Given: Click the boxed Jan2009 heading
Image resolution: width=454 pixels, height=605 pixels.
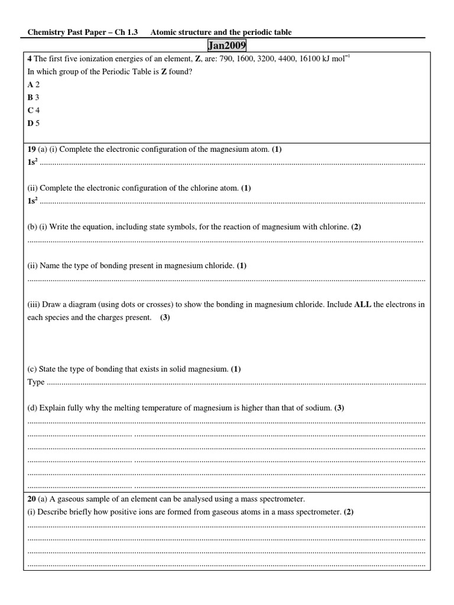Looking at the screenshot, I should point(227,45).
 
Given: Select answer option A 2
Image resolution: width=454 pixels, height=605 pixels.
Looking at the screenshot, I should point(34,84).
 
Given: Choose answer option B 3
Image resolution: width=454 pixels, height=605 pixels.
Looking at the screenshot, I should point(34,97).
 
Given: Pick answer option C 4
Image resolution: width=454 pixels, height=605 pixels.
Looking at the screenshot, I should point(34,110).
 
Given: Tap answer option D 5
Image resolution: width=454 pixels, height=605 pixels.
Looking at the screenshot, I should point(34,123).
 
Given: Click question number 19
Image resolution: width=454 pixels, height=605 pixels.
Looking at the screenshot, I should point(32,149).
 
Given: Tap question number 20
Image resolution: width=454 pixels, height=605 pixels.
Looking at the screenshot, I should point(32,499).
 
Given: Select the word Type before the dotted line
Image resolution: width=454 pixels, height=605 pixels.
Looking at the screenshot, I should point(36,382).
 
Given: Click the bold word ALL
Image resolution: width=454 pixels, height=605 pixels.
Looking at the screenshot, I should point(362,304).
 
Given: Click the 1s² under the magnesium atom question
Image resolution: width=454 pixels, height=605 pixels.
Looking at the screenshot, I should point(33,162).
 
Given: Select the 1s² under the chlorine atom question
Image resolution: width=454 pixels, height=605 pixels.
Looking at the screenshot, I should point(33,201).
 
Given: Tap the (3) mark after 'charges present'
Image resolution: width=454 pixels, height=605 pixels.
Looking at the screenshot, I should point(165,317).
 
